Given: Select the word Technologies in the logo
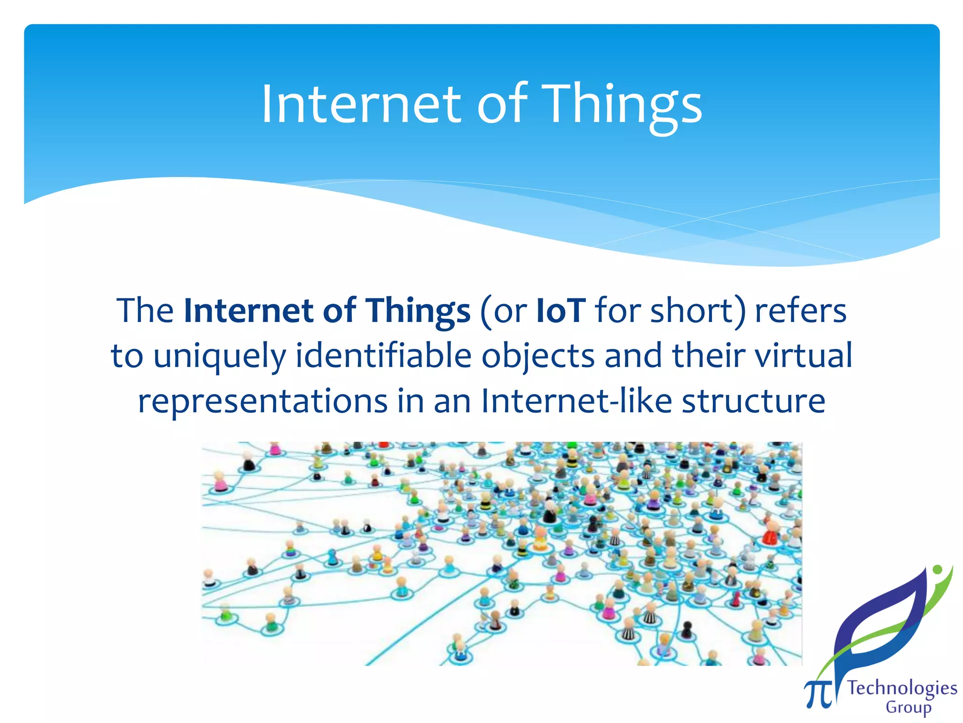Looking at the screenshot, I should click(902, 688).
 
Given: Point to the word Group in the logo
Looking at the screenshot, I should click(908, 707).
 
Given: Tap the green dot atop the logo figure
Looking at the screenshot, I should click(937, 570).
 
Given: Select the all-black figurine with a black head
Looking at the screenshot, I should click(687, 630).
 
